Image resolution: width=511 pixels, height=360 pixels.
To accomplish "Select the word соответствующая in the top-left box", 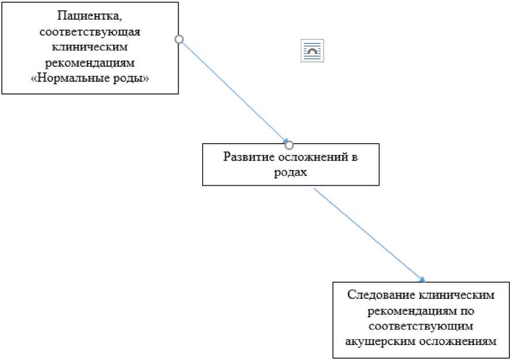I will (89, 31).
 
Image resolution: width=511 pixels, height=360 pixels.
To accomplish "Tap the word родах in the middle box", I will (290, 172).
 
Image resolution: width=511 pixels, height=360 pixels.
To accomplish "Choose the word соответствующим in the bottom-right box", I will (422, 325).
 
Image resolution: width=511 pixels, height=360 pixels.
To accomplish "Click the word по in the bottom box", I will (468, 310).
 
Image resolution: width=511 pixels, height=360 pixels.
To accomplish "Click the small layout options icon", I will (312, 51).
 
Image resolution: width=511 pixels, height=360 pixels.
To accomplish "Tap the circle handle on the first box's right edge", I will (179, 39).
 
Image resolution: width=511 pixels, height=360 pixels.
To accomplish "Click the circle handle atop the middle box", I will (290, 144).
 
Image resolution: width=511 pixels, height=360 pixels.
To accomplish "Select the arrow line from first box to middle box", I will (234, 91).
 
